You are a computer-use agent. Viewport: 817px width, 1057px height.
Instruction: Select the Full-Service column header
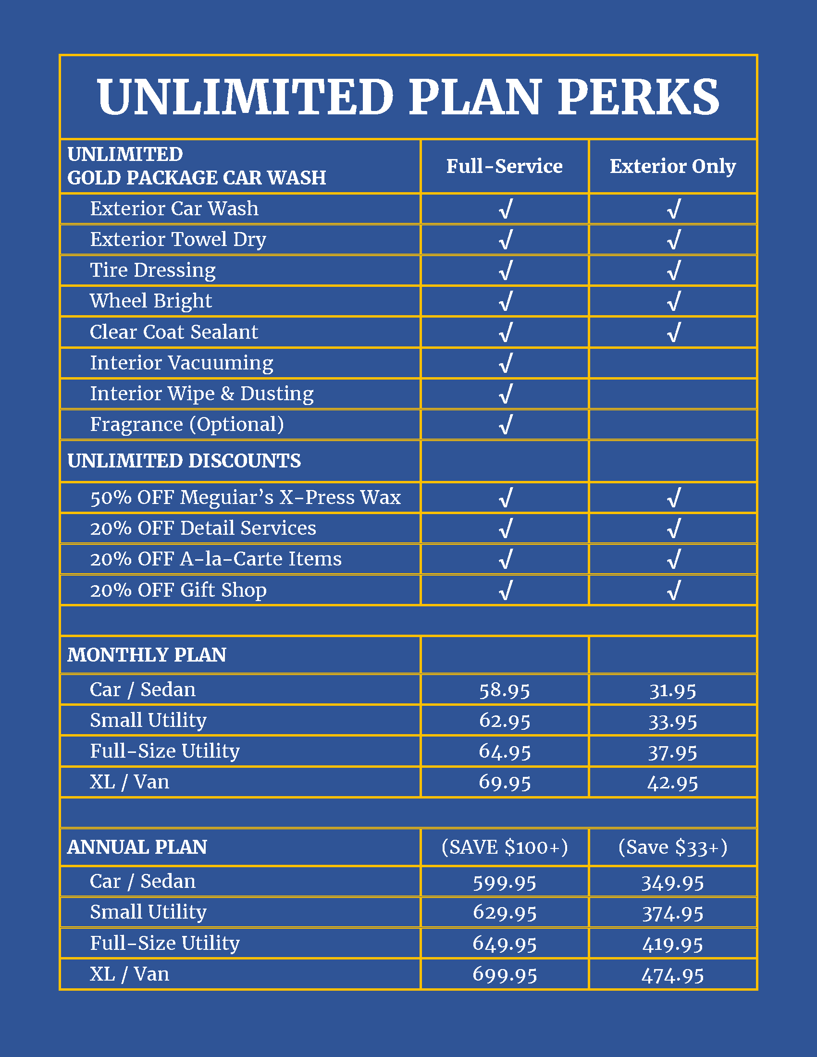tap(504, 167)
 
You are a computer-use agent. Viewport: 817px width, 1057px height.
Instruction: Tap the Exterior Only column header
tap(672, 167)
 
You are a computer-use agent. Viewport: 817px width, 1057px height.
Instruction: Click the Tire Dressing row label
tap(153, 270)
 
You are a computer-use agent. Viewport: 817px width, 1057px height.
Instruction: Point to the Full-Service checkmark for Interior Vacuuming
tap(505, 363)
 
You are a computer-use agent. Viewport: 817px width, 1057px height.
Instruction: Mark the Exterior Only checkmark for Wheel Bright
tap(673, 301)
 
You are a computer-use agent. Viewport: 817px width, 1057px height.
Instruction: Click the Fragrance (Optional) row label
tap(187, 424)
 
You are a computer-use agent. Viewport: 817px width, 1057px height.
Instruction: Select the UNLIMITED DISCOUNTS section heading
tap(184, 461)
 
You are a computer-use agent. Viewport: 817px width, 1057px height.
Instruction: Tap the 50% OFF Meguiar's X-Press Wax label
tap(246, 498)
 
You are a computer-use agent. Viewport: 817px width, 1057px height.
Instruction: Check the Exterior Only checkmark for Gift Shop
tap(673, 590)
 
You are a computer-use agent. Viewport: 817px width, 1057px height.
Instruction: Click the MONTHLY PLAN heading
tap(147, 655)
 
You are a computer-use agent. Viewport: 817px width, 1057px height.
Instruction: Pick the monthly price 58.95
tap(504, 690)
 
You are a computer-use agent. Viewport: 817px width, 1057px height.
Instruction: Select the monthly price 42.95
tap(672, 783)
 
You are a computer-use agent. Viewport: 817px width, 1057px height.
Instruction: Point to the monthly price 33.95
tap(672, 722)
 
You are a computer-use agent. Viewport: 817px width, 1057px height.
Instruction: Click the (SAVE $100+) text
tap(504, 848)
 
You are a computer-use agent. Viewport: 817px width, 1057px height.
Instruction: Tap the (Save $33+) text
tap(672, 848)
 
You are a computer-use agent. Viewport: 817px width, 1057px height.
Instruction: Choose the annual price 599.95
tap(504, 882)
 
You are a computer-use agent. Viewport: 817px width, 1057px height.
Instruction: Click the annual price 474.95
tap(672, 975)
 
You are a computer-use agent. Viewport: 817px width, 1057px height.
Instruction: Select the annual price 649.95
tap(504, 944)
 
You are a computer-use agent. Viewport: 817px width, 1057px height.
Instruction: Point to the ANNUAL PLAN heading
tap(137, 848)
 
